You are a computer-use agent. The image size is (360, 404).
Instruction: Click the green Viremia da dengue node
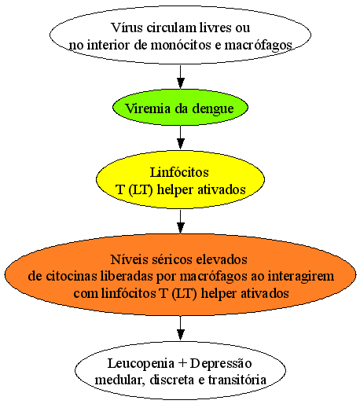180,108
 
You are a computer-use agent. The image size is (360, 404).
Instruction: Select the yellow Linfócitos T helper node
180,180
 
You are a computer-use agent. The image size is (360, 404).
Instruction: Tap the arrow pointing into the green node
180,77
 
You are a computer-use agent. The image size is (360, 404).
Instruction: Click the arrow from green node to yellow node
180,138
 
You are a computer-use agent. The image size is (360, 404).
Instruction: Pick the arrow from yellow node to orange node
180,222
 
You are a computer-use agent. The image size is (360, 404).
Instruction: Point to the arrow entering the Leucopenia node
180,328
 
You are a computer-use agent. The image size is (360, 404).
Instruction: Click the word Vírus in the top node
127,28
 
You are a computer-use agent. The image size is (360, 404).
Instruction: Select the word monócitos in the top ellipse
181,45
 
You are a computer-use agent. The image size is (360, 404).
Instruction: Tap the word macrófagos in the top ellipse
258,46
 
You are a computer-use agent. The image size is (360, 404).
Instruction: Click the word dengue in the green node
213,108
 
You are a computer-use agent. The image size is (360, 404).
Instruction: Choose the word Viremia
148,108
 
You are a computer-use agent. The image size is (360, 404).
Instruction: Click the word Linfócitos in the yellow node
179,172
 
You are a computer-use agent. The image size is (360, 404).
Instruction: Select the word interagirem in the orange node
301,277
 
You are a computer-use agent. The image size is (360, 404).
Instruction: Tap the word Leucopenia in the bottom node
141,364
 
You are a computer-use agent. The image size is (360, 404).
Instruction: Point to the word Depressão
221,364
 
